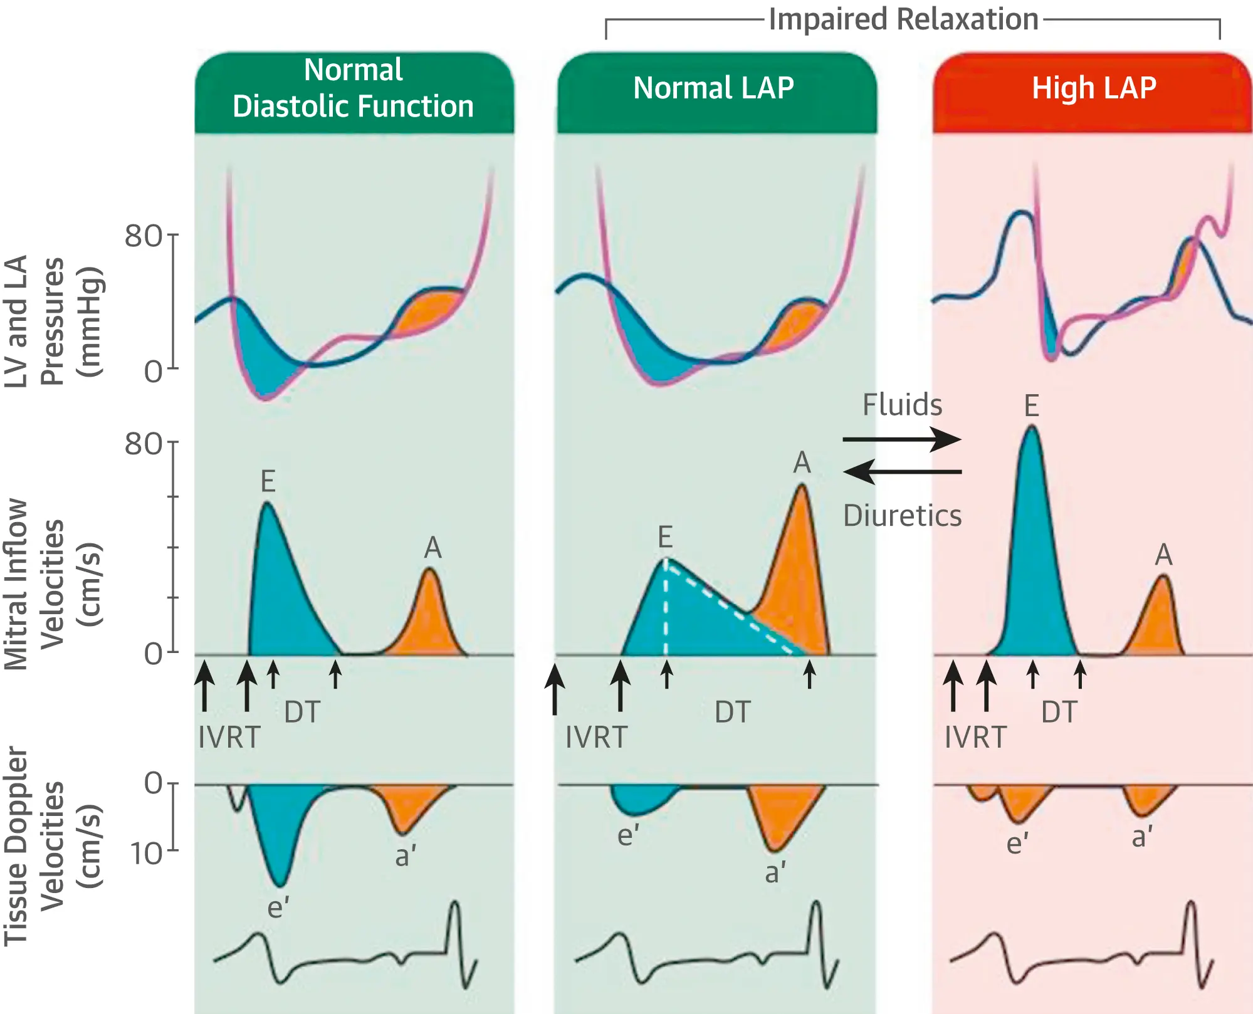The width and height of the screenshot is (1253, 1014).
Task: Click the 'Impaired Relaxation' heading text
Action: pos(903,19)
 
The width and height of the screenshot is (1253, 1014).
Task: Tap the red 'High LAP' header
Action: pos(1094,88)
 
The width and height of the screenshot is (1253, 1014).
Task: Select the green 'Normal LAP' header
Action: pos(713,88)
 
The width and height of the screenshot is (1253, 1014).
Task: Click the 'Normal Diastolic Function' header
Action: pos(354,88)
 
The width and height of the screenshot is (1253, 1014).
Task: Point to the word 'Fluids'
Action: pos(902,405)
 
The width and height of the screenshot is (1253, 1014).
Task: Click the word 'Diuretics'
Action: pos(902,516)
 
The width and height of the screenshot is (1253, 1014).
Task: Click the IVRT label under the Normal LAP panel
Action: pos(596,738)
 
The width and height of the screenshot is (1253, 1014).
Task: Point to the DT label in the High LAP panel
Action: pos(1059,713)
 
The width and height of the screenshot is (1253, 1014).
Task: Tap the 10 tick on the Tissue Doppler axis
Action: pos(147,854)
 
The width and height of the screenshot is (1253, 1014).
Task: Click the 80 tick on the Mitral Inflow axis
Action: pos(144,444)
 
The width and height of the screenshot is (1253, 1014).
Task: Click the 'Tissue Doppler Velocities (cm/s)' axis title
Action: pos(53,846)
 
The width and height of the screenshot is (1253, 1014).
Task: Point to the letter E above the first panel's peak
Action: pos(268,481)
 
